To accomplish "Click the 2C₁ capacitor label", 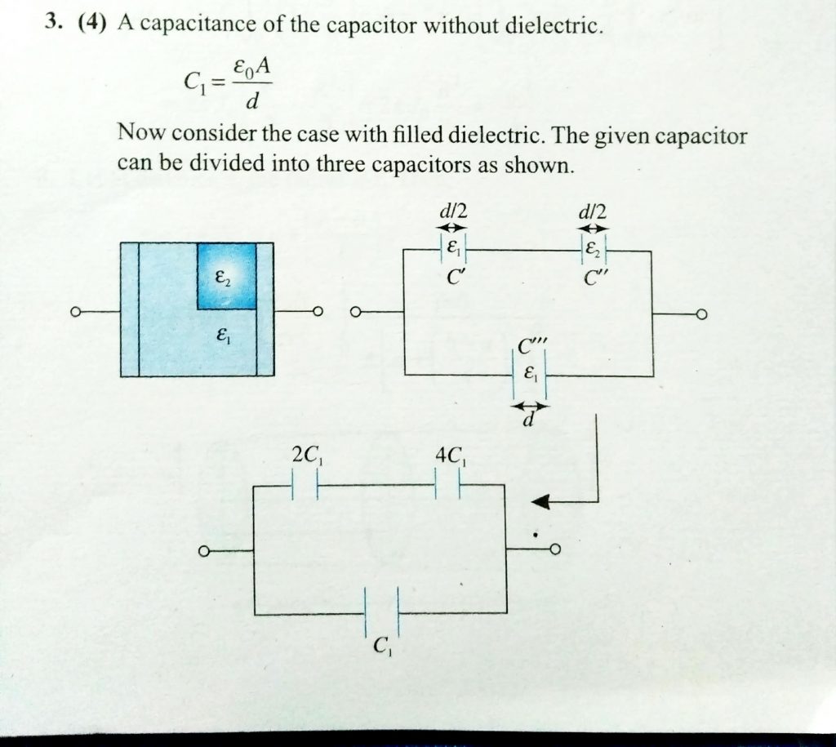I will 305,458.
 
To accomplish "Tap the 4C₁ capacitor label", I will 451,458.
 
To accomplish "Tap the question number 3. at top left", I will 55,24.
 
